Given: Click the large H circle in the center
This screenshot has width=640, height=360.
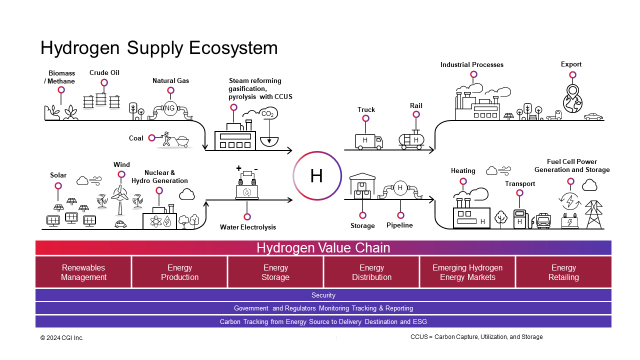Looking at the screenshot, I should click(x=317, y=176).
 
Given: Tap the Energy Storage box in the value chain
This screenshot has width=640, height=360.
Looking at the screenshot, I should click(x=275, y=272).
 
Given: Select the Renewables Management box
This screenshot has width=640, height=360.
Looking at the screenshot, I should click(x=83, y=272).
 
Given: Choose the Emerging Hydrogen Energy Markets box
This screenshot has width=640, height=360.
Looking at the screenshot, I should click(x=467, y=272).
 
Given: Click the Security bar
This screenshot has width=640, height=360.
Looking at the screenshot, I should click(x=323, y=295).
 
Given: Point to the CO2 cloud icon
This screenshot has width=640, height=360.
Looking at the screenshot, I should click(x=268, y=114).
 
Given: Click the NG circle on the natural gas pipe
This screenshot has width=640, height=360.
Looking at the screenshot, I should click(x=170, y=108).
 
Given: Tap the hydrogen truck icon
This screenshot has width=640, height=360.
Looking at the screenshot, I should click(x=368, y=141).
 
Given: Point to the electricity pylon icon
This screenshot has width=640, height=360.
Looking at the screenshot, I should click(x=594, y=215).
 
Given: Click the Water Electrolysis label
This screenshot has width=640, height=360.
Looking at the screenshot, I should click(x=247, y=227).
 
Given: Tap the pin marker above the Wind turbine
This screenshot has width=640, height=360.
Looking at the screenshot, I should click(x=121, y=174).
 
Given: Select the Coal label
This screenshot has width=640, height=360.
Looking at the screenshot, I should click(x=136, y=138).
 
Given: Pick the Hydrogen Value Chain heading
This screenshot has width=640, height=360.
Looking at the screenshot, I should click(x=323, y=248).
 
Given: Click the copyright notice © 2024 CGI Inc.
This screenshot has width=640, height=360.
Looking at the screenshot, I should click(x=62, y=338).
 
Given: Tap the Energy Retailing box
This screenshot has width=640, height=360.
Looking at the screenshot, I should click(x=563, y=272).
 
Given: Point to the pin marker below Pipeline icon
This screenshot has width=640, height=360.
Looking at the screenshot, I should click(x=400, y=215).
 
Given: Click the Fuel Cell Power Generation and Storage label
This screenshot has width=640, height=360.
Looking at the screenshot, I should click(x=572, y=166).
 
